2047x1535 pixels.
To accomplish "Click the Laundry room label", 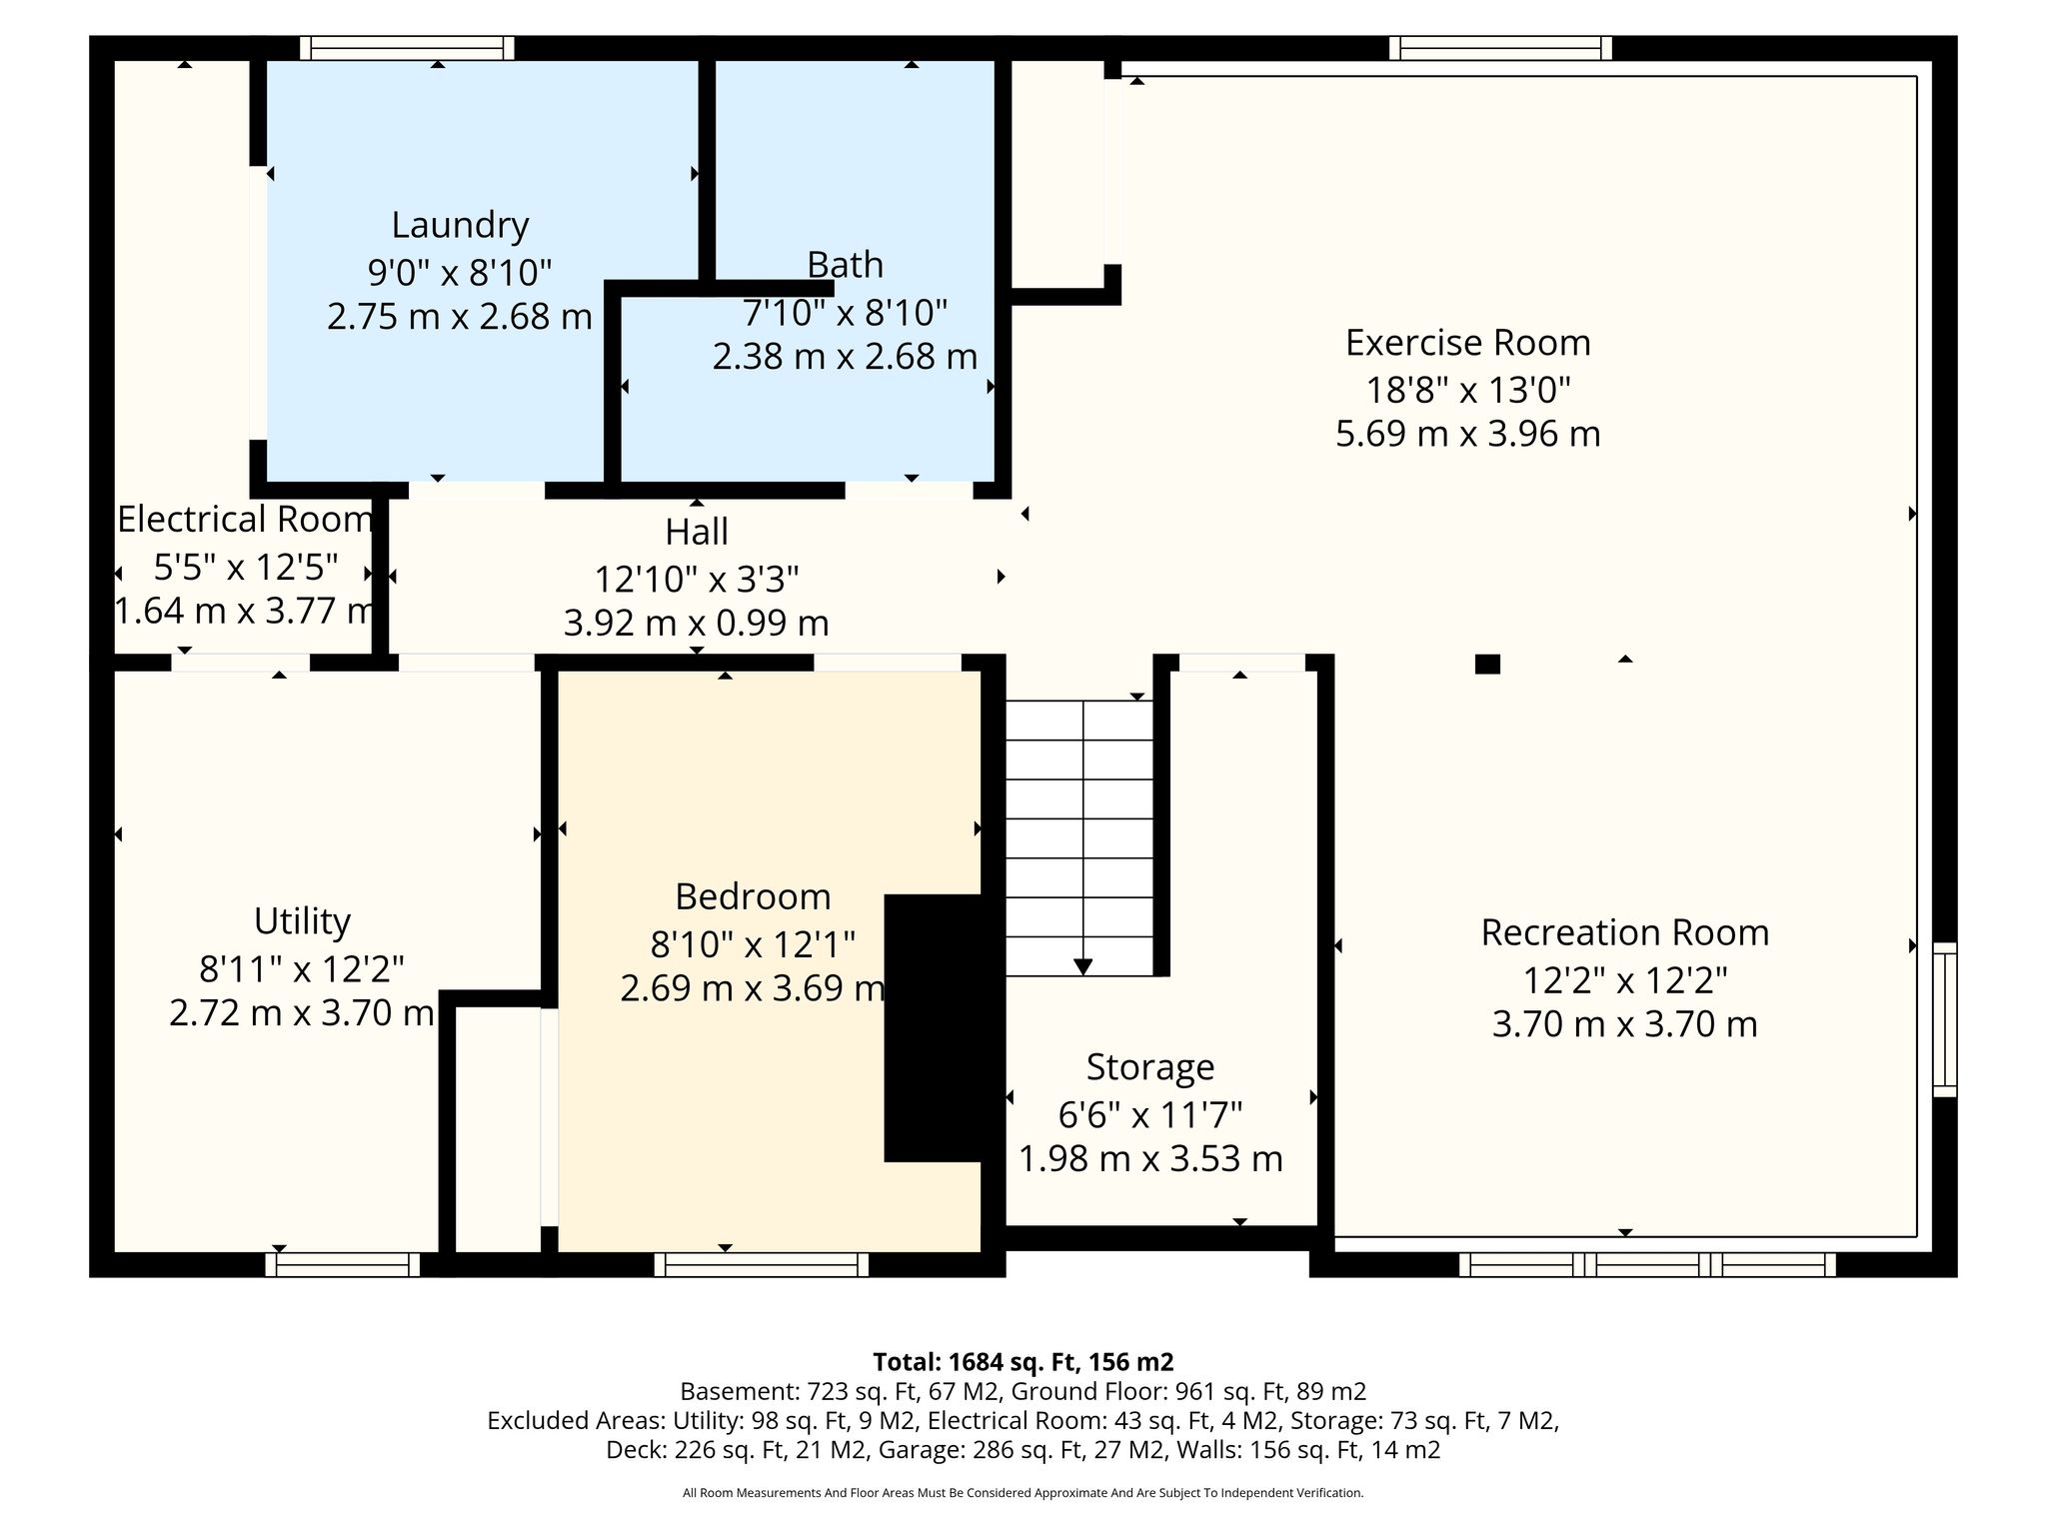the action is (x=460, y=225).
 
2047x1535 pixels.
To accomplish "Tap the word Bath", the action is (x=845, y=265).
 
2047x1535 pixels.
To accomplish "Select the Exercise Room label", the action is (x=1467, y=343).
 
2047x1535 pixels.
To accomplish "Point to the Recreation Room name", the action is (x=1624, y=932).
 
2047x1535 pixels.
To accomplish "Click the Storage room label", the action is (x=1150, y=1067).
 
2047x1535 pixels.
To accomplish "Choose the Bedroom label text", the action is (x=753, y=896).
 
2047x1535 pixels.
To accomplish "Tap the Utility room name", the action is (x=302, y=920).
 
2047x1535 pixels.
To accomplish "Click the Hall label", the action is (x=697, y=532).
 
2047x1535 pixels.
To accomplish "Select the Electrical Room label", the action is (x=245, y=520).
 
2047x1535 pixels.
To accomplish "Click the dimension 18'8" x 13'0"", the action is (x=1467, y=389).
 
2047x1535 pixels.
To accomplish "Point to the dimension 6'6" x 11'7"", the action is (x=1150, y=1113).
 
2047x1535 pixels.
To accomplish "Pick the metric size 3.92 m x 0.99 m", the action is (x=697, y=624).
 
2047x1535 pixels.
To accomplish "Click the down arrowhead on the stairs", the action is (x=1082, y=966).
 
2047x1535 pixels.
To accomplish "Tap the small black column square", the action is (x=1487, y=664).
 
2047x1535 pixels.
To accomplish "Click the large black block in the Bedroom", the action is (x=935, y=1027).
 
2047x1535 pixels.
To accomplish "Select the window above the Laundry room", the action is (x=408, y=48).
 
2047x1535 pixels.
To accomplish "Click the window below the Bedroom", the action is (x=762, y=1264).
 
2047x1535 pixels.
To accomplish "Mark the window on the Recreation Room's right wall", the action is (x=1944, y=1018).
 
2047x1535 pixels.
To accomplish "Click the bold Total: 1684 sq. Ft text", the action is (x=1023, y=1361).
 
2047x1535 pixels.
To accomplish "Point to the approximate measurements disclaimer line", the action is (x=1023, y=1493).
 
